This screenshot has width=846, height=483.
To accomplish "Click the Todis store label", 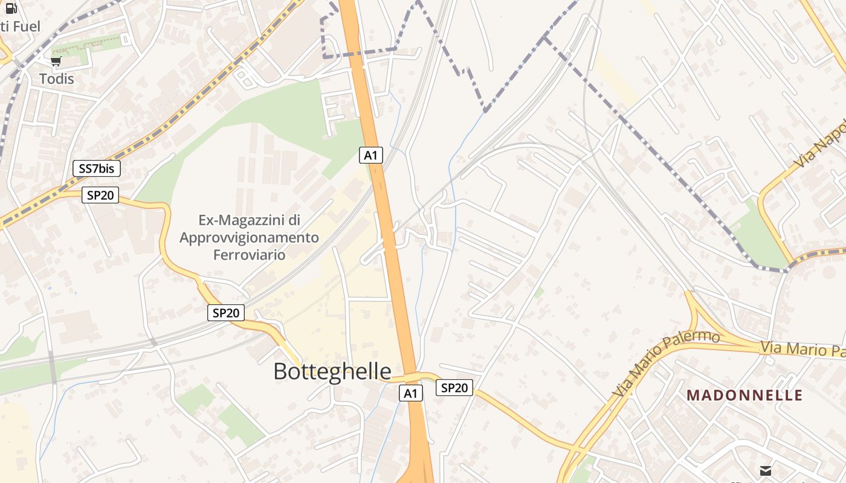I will (57, 78).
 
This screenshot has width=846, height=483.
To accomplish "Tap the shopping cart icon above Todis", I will (56, 61).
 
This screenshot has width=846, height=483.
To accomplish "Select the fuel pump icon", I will (11, 8).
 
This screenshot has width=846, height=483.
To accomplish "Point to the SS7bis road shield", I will (96, 168).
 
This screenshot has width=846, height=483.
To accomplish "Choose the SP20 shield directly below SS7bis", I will (100, 194).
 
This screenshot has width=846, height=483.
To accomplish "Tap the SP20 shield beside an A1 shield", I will (454, 388).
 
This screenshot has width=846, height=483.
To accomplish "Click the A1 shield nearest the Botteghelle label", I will (411, 394).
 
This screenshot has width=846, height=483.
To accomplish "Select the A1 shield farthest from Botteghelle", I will (371, 155).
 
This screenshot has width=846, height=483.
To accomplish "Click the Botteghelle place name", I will (332, 371).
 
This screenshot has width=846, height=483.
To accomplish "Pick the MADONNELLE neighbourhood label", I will (744, 395).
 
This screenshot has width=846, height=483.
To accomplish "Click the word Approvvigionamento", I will (249, 237).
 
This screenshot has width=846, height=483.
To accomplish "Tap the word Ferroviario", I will (249, 254).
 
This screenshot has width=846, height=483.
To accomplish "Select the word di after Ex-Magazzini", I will (293, 220).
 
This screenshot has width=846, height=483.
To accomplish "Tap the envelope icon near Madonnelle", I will (766, 470).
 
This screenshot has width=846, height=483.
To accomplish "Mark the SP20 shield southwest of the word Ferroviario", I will (227, 313).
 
